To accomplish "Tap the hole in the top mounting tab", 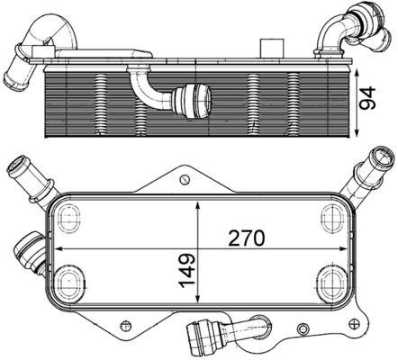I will (185, 179).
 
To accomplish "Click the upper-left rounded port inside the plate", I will (68, 215).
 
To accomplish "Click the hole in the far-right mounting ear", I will (360, 321).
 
